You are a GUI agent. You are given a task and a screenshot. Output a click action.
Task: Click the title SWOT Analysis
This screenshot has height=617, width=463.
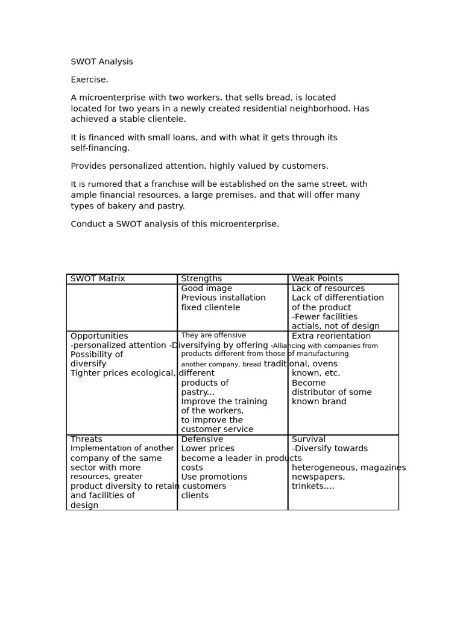(x=102, y=62)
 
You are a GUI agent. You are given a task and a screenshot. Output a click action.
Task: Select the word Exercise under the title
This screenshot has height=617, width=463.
(x=89, y=80)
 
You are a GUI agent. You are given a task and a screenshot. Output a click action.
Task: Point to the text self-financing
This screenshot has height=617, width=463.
(x=99, y=148)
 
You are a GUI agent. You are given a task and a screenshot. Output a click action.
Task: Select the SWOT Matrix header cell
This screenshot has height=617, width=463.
(x=98, y=279)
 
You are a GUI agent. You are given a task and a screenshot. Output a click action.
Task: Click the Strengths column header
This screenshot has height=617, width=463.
(x=201, y=279)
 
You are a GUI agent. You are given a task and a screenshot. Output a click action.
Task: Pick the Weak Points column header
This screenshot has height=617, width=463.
(x=317, y=279)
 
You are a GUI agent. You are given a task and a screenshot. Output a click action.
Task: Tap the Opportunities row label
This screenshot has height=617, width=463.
(x=99, y=336)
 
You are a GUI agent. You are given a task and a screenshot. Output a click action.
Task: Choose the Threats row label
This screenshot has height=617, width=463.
(x=86, y=440)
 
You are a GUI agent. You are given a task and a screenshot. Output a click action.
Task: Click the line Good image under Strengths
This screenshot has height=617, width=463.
(x=206, y=289)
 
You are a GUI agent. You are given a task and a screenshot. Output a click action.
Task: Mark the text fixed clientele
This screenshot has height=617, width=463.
(x=210, y=308)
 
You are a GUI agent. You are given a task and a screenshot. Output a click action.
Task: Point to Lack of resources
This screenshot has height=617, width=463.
(x=328, y=289)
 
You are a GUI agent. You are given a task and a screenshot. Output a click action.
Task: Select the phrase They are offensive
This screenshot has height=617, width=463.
(x=213, y=336)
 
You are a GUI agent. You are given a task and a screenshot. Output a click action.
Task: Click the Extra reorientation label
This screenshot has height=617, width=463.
(x=331, y=336)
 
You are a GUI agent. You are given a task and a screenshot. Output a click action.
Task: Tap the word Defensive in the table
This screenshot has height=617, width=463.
(x=202, y=440)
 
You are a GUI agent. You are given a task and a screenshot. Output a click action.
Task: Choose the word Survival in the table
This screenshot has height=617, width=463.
(x=308, y=440)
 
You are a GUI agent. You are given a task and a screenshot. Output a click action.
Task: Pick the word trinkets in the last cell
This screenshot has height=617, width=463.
(x=312, y=486)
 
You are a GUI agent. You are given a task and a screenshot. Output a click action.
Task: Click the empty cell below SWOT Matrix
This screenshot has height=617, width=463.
(x=122, y=307)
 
